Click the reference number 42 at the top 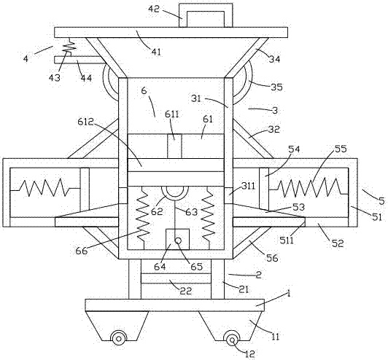point(154,9)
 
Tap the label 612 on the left point(85,122)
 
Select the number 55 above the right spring point(341,149)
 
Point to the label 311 point(248,186)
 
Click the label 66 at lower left point(82,251)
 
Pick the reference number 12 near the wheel point(249,353)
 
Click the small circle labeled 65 point(178,240)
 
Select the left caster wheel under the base point(119,338)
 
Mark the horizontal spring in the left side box point(44,187)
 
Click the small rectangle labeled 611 point(174,146)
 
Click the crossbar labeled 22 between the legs point(176,278)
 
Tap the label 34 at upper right point(274,59)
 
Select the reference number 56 point(272,258)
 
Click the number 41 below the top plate point(155,52)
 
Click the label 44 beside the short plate point(86,78)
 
